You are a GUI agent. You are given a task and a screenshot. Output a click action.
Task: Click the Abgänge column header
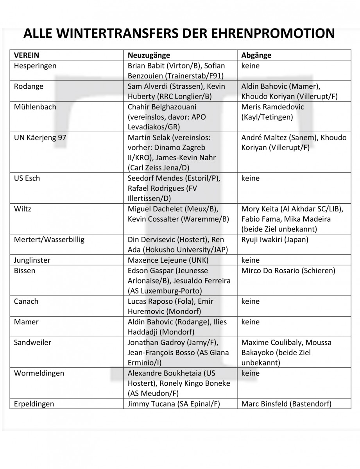pos(256,55)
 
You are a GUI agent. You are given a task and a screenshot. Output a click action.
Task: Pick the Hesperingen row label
pos(34,65)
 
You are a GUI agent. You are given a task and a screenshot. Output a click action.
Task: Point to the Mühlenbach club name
pos(35,107)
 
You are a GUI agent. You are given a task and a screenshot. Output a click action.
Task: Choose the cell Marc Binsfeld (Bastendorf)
pos(287,404)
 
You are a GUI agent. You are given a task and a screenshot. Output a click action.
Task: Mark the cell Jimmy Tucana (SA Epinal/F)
pos(174,404)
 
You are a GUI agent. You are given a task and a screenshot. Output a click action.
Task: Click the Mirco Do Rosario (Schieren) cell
pos(288,270)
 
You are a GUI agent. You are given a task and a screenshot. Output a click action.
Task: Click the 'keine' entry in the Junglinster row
pos(250,260)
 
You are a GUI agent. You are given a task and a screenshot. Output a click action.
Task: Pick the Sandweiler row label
pos(32,342)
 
